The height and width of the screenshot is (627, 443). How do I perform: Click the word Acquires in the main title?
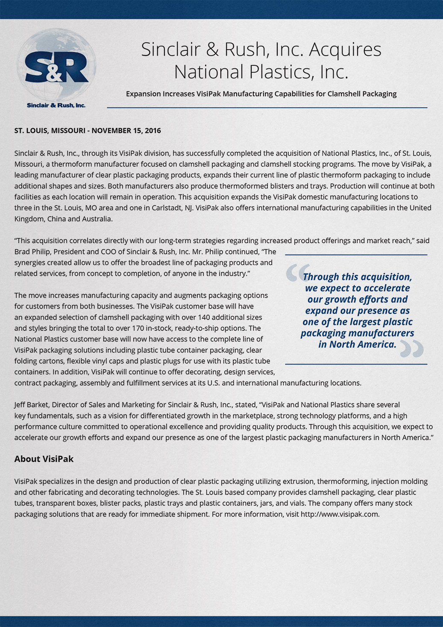[345, 50]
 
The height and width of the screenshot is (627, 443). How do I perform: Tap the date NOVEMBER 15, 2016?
[126, 131]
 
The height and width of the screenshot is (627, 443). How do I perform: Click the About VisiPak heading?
[44, 459]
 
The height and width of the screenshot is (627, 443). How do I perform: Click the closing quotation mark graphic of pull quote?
[412, 349]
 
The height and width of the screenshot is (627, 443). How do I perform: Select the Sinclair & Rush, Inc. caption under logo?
[56, 106]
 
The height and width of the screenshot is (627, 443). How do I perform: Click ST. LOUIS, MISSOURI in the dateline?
[49, 131]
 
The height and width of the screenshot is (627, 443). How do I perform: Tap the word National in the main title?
[209, 72]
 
